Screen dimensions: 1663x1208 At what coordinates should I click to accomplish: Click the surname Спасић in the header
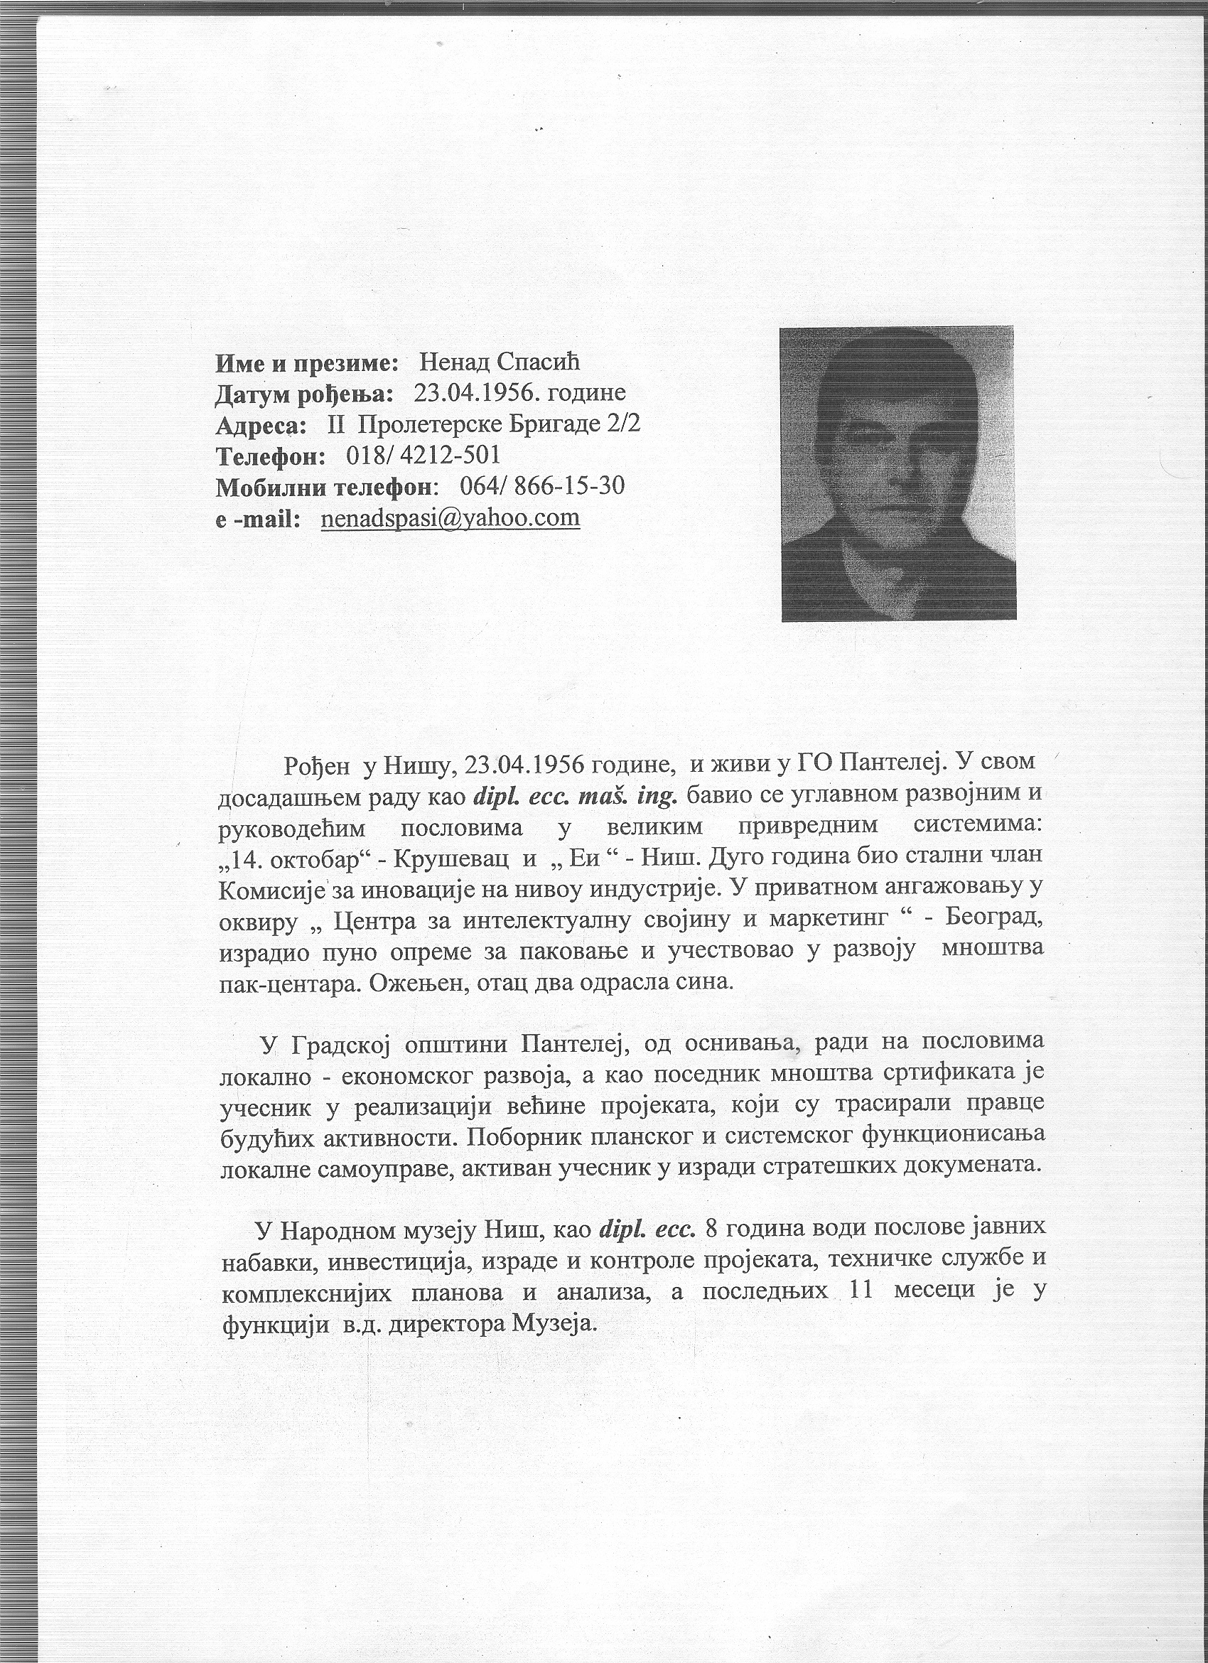click(x=538, y=362)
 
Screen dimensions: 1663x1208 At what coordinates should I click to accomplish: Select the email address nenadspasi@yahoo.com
click(x=450, y=517)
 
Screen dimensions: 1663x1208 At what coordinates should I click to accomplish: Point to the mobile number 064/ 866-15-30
click(x=541, y=486)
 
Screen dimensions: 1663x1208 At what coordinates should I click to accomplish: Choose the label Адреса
click(x=261, y=425)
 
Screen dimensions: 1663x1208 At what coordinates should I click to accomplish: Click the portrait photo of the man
click(x=897, y=473)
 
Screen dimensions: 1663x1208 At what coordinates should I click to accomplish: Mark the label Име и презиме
click(x=306, y=362)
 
